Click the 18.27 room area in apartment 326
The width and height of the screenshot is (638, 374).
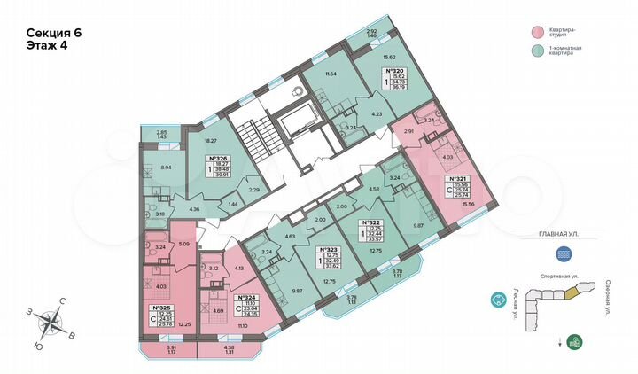[212, 139]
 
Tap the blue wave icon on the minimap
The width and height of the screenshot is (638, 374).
[565, 252]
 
